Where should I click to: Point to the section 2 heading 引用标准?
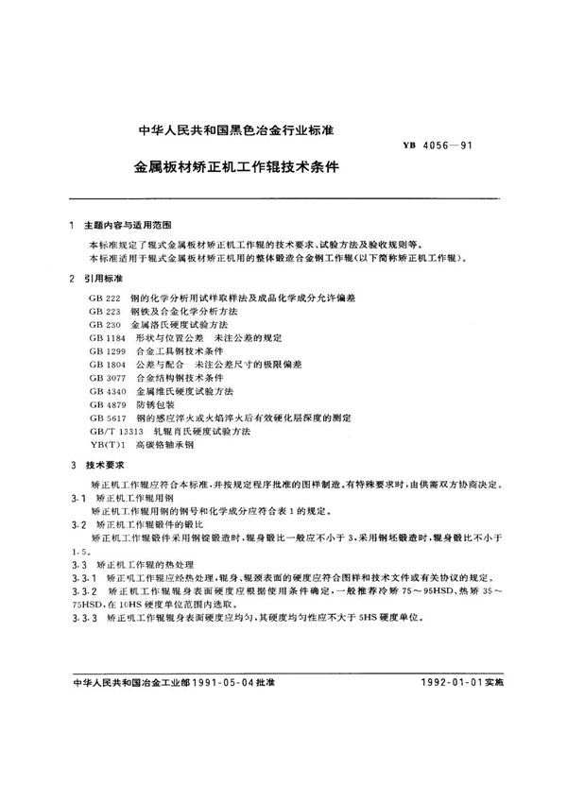point(106,279)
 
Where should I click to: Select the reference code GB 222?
point(104,299)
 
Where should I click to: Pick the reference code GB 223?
point(104,311)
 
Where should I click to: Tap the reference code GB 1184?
point(107,337)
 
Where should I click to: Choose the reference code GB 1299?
point(107,350)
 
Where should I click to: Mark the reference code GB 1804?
point(107,364)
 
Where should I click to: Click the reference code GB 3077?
point(107,377)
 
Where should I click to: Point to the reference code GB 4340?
point(107,390)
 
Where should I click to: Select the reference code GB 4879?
point(107,403)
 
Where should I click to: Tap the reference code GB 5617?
point(107,417)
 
